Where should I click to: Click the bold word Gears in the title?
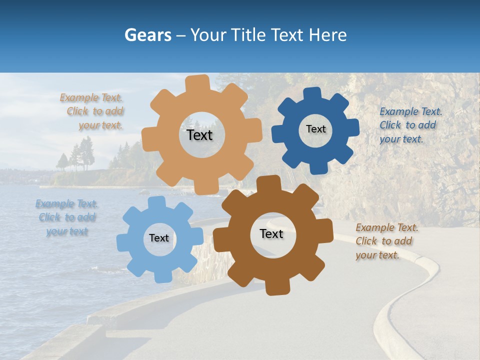147,35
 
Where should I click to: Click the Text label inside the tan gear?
199,135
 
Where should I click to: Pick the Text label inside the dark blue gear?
315,129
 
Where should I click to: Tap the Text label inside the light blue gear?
159,238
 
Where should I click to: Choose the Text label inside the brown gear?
271,233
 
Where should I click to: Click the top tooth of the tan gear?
198,83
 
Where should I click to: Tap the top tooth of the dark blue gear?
313,94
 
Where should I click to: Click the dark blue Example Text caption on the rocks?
410,125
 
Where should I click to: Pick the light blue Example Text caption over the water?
66,217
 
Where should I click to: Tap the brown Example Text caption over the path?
386,241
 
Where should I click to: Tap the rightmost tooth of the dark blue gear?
353,127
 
